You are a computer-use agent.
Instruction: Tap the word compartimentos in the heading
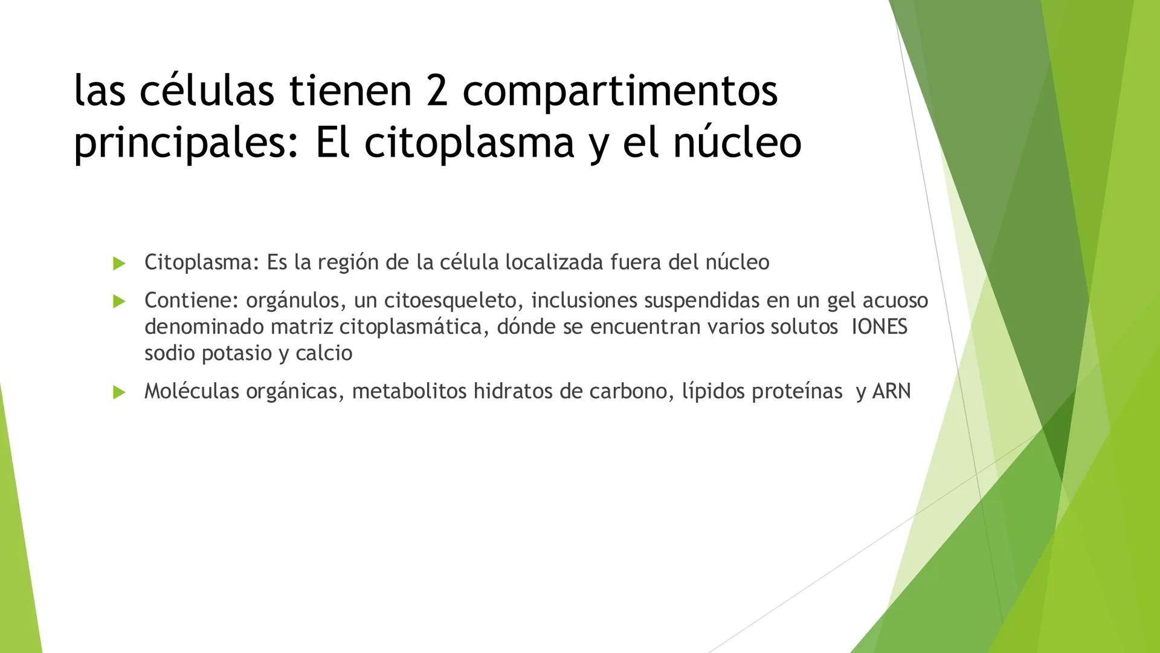click(620, 92)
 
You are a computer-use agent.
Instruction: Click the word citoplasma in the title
click(469, 143)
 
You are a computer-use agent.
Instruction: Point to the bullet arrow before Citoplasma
click(119, 263)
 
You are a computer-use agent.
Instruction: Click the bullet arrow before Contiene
click(119, 301)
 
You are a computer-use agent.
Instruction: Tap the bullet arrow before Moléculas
click(119, 392)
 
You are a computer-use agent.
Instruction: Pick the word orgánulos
click(292, 301)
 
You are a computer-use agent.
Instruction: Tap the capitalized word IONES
click(879, 327)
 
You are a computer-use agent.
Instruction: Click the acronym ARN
click(891, 392)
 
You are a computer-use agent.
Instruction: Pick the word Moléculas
click(192, 392)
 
